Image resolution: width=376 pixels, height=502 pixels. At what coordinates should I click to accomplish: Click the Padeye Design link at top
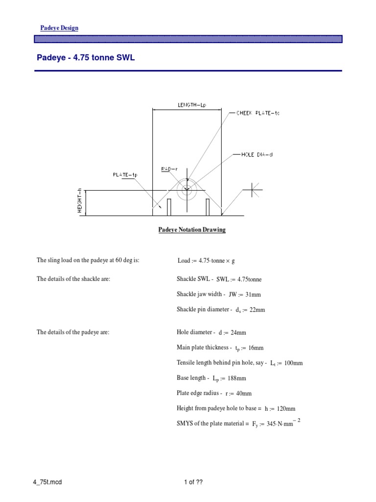[x=59, y=28]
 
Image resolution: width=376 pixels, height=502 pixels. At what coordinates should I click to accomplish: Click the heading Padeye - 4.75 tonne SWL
[x=86, y=58]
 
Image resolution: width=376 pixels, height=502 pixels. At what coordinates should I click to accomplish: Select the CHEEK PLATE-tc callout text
[x=258, y=113]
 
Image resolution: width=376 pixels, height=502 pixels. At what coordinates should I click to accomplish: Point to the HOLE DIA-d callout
[x=257, y=155]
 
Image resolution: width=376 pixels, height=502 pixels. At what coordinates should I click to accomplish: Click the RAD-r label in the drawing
[x=169, y=169]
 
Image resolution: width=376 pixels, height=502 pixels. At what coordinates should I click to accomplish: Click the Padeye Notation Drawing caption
[x=192, y=230]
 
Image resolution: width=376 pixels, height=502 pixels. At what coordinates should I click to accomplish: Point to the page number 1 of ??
[x=193, y=482]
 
